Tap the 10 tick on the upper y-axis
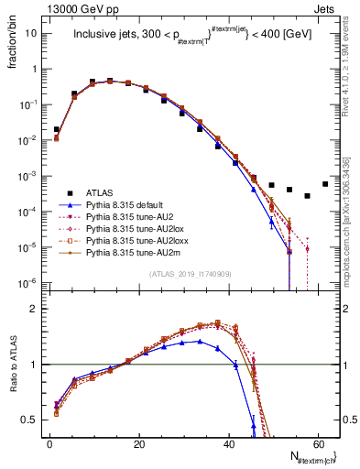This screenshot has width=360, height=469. [32, 33]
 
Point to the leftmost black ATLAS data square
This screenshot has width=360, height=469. [56, 129]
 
